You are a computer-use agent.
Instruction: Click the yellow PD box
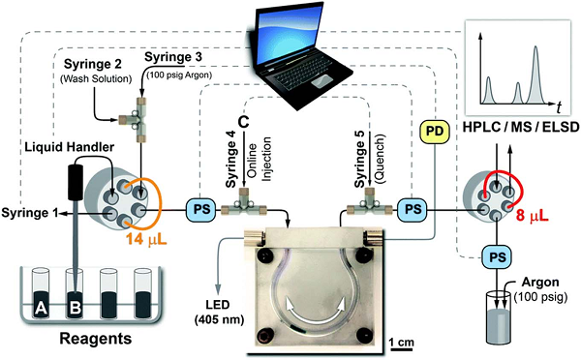434,131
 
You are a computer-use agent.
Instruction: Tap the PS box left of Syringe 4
200,210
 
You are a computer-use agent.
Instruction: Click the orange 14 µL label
146,240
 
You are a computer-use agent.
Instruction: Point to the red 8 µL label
532,215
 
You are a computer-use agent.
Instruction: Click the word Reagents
96,339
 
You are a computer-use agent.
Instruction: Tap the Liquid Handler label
70,147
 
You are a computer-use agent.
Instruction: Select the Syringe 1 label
30,213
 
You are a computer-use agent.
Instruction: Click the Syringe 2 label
93,64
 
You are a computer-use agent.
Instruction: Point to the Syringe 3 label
173,57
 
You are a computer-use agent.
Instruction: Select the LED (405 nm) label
219,312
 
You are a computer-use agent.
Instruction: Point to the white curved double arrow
316,314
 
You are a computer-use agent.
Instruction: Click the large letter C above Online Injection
243,122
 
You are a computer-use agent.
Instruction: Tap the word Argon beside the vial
540,283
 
